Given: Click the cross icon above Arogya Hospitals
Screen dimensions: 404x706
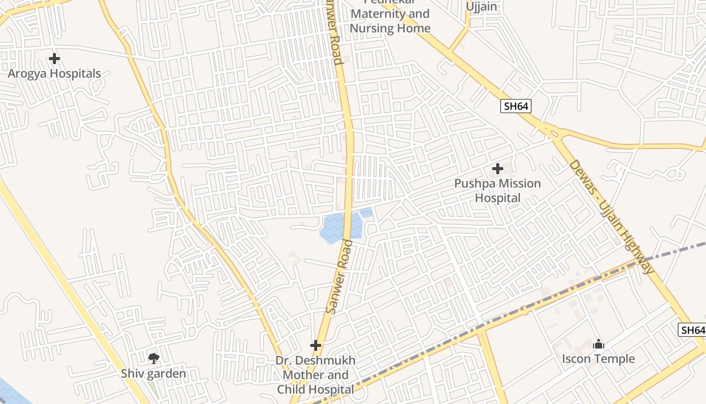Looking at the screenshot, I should (54, 59).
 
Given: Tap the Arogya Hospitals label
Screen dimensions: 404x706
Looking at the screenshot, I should (54, 74).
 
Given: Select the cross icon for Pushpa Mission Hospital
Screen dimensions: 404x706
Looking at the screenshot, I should (498, 169).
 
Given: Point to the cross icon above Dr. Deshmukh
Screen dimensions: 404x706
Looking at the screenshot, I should (316, 345).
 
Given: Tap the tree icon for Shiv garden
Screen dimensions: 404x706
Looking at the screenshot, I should (153, 359).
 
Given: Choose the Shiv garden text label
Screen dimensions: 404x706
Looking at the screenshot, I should (153, 374).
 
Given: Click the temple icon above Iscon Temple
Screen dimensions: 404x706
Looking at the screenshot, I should (599, 344).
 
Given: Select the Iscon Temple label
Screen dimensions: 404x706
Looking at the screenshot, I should (599, 359).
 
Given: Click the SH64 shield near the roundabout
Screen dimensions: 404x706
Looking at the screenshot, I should (516, 106).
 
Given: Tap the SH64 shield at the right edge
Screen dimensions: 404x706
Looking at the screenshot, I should (692, 330).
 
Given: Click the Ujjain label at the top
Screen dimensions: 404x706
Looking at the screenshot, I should (481, 7).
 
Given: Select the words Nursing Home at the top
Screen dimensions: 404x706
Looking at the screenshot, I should (390, 28).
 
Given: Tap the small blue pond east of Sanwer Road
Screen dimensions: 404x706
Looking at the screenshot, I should (366, 213).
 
